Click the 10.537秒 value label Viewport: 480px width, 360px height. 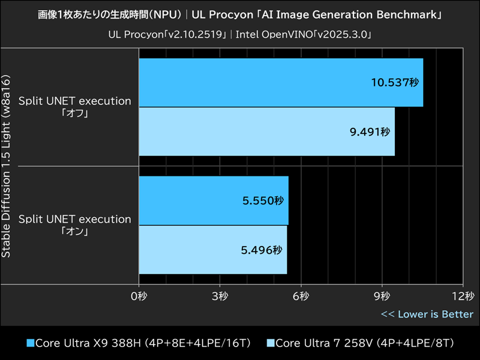click(393, 83)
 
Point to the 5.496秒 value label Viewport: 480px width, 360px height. click(262, 250)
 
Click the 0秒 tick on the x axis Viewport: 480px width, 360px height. click(139, 296)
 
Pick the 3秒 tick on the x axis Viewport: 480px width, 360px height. click(220, 296)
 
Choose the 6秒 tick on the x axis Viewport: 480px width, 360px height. click(301, 296)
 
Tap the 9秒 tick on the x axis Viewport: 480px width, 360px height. click(382, 296)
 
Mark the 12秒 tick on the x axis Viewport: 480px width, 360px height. click(462, 296)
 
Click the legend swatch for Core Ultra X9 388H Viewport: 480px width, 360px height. click(31, 343)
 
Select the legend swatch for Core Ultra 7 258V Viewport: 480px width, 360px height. click(270, 343)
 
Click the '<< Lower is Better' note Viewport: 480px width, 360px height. click(427, 314)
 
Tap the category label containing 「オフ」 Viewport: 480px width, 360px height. click(75, 107)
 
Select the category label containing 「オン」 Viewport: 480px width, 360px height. click(75, 225)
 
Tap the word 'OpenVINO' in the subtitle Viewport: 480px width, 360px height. click(284, 35)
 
